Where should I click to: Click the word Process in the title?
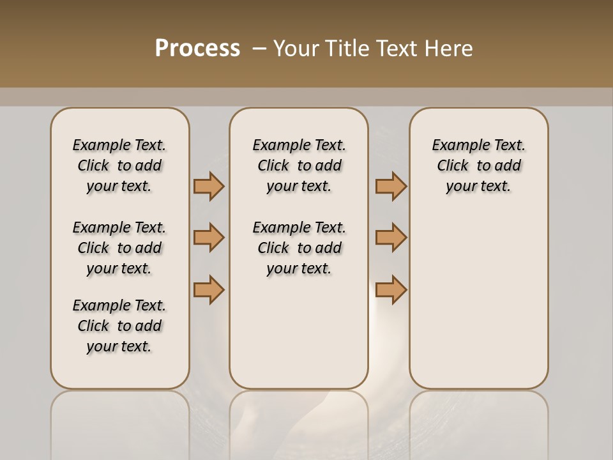click(197, 49)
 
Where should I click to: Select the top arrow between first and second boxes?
click(209, 186)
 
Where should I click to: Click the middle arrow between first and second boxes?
click(209, 238)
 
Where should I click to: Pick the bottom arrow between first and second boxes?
click(209, 289)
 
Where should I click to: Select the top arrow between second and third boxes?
click(391, 186)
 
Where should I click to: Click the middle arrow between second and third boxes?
click(391, 238)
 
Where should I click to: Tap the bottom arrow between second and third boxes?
click(391, 289)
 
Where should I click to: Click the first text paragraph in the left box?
click(119, 165)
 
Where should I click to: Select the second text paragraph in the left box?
click(119, 248)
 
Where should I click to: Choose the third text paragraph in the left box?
click(119, 326)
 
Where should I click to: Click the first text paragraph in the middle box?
click(299, 165)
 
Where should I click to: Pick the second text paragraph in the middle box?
click(299, 248)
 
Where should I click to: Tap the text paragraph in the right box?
click(479, 165)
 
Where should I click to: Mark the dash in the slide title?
click(259, 49)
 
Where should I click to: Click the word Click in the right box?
click(453, 166)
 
